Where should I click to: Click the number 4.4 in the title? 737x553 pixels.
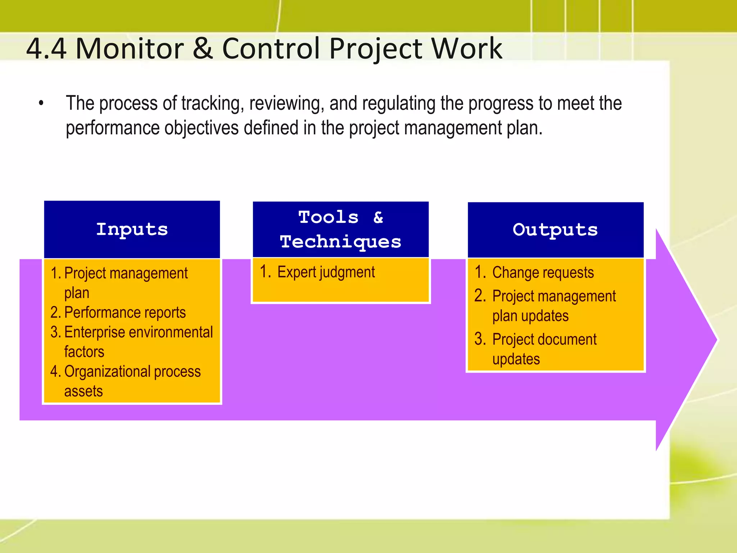click(46, 49)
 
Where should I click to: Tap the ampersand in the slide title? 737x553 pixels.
click(203, 49)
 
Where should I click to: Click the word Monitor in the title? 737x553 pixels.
click(130, 49)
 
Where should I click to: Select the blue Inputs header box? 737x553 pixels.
click(132, 229)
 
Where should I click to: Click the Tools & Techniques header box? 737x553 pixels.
click(340, 229)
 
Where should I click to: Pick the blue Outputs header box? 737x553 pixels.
click(555, 230)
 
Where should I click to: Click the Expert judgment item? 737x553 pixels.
click(326, 272)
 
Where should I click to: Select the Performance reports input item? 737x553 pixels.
click(125, 313)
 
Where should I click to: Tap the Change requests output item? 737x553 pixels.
click(543, 273)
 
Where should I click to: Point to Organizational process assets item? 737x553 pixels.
click(132, 372)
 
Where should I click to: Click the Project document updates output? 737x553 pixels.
click(544, 340)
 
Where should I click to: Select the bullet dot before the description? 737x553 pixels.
click(41, 104)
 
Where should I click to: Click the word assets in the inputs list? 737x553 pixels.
click(83, 391)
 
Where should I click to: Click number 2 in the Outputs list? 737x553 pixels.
click(480, 296)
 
